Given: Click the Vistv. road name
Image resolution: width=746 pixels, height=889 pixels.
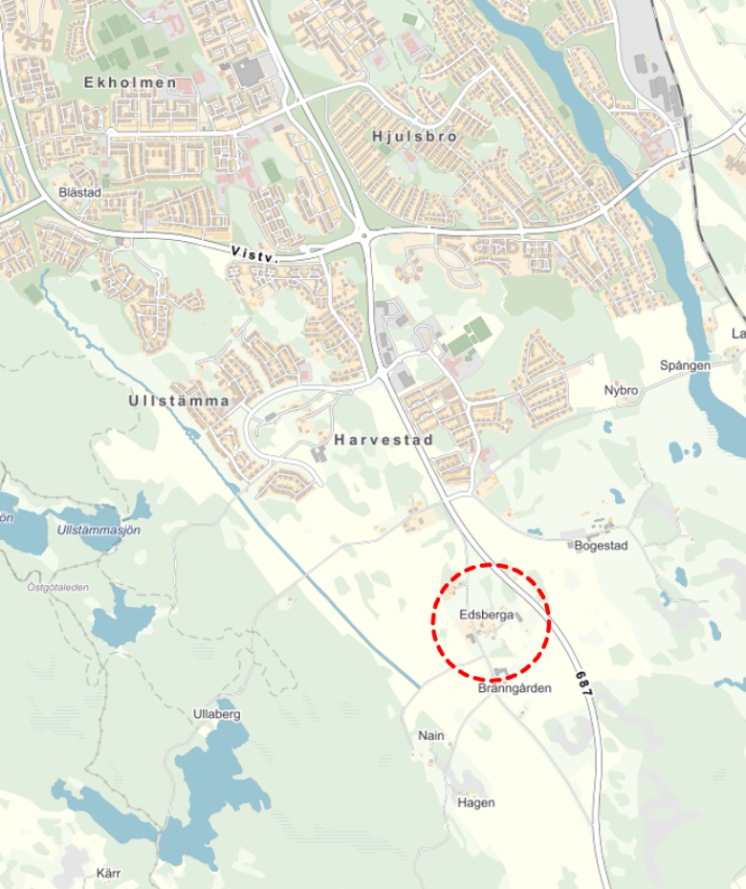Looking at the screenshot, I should coord(254,254).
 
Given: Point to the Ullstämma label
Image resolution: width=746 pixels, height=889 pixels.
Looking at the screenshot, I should coord(178,401).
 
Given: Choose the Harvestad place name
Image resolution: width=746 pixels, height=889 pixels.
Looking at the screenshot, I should coord(384,441).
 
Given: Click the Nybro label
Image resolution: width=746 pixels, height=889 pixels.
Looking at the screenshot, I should coord(621,391).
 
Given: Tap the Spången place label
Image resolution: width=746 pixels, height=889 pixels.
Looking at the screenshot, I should coord(685,366).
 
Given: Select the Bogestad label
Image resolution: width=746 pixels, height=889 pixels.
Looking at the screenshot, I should coord(601,547).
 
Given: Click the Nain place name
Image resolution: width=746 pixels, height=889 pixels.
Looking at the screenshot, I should coord(432,736).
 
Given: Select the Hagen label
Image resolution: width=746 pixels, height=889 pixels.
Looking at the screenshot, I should coord(476,803).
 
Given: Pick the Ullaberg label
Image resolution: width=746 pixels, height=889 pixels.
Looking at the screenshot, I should coord(215,714).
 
